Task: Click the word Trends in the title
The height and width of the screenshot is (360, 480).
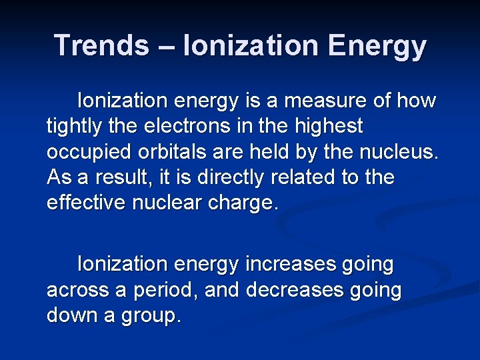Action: [x=102, y=45]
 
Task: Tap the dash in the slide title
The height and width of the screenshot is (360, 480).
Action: [x=166, y=45]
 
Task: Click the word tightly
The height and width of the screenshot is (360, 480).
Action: [x=73, y=126]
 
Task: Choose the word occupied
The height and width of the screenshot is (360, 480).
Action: [x=89, y=151]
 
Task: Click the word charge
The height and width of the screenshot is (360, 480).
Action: [x=242, y=203]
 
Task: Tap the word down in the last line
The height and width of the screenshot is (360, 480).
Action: [x=71, y=315]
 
